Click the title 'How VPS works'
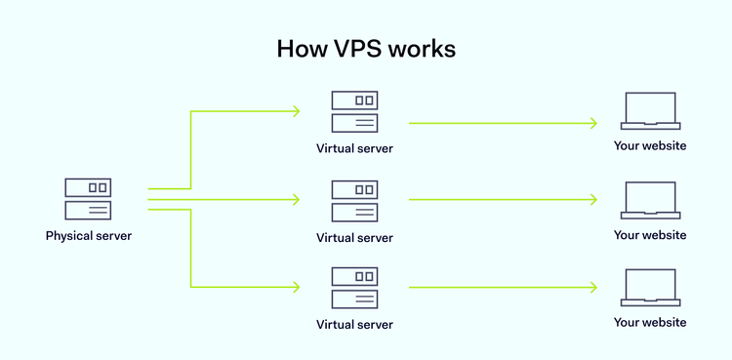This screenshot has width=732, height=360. point(365,49)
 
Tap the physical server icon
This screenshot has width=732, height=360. point(88,198)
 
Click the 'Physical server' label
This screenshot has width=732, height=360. point(88,235)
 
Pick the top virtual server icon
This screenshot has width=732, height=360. point(354,111)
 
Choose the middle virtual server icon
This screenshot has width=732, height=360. point(354,200)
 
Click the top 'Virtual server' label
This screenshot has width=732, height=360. point(354,149)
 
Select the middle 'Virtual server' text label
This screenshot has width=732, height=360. point(354,237)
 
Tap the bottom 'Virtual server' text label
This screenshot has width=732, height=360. point(354,324)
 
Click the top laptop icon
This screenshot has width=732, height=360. point(649,111)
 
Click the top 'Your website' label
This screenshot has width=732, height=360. point(649,146)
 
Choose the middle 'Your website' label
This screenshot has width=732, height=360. point(649,235)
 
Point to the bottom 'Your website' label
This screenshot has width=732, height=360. point(649,322)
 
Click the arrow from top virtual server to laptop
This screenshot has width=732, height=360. point(503,123)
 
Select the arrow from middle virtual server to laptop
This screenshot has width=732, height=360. point(503,199)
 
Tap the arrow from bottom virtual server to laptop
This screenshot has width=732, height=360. point(503,288)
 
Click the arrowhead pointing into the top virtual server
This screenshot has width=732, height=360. point(296,111)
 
